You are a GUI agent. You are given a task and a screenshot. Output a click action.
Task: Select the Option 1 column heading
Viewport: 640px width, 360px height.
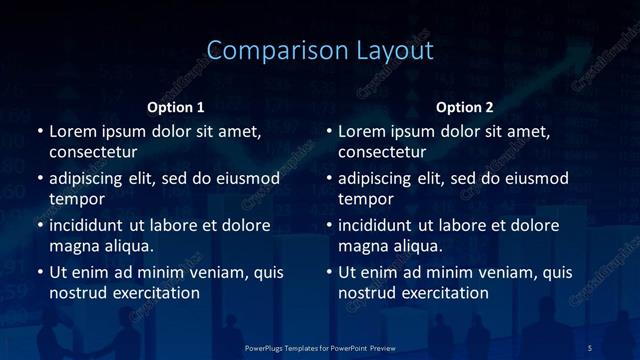click(175, 107)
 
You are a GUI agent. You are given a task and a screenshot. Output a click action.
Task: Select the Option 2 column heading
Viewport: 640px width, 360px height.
click(465, 107)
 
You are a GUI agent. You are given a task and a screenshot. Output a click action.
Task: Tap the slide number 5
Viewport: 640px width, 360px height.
click(590, 347)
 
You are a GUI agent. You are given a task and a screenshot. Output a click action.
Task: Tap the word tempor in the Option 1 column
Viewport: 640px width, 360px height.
click(77, 199)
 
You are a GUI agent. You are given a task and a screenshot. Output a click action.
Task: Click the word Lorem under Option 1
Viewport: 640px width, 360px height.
click(74, 131)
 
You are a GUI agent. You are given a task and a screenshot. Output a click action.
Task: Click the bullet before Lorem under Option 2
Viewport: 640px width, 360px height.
click(329, 132)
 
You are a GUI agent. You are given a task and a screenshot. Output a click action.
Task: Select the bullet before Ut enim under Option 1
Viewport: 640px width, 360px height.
click(39, 273)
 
